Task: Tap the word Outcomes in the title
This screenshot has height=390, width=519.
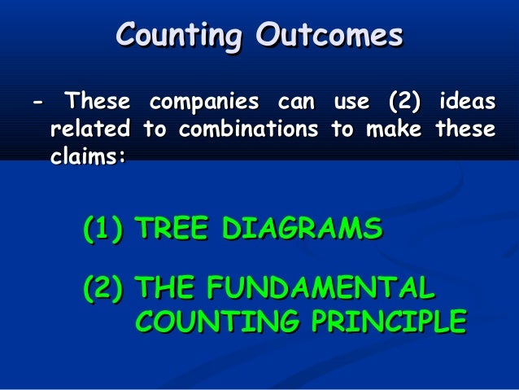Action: (x=329, y=36)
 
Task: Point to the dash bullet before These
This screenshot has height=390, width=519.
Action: (x=36, y=103)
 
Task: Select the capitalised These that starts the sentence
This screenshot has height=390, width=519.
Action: (x=97, y=103)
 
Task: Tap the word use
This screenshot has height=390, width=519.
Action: (x=350, y=103)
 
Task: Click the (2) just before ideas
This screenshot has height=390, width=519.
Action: (x=404, y=103)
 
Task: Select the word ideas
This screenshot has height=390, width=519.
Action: (x=465, y=103)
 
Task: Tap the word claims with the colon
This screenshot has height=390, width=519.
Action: (x=88, y=156)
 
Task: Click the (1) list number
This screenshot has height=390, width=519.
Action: (x=103, y=228)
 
